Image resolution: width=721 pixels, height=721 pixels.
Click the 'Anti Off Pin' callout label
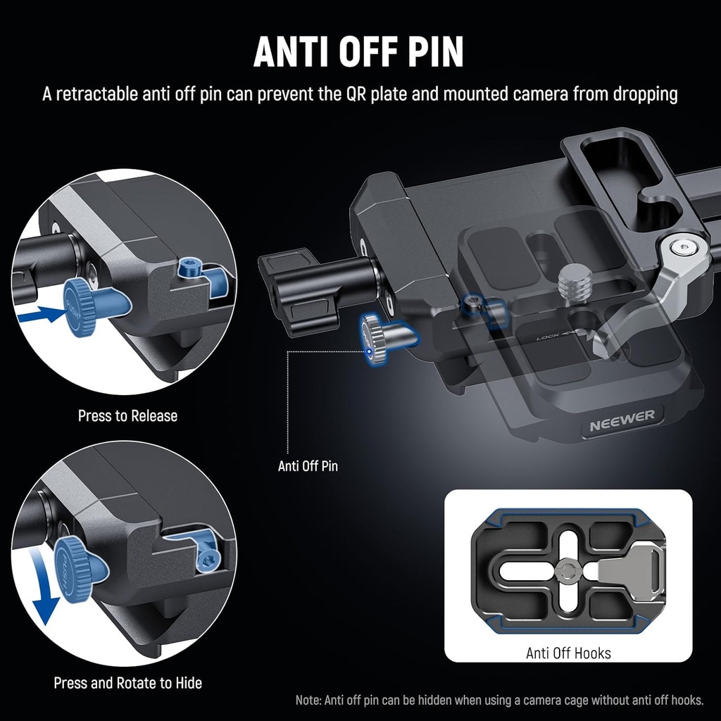click(308, 465)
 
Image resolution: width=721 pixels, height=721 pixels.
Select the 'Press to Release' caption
click(127, 415)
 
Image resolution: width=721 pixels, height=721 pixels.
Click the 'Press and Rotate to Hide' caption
click(127, 682)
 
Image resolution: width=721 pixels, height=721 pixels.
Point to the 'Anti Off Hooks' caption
click(568, 653)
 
